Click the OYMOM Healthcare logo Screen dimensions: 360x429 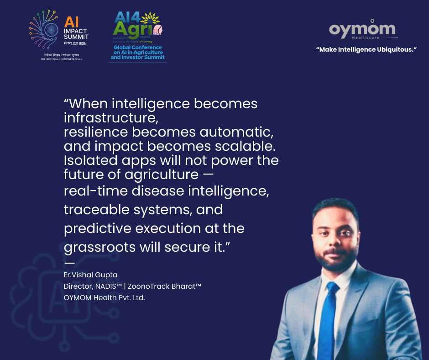(x=362, y=30)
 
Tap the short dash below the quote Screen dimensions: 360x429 (x=69, y=263)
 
